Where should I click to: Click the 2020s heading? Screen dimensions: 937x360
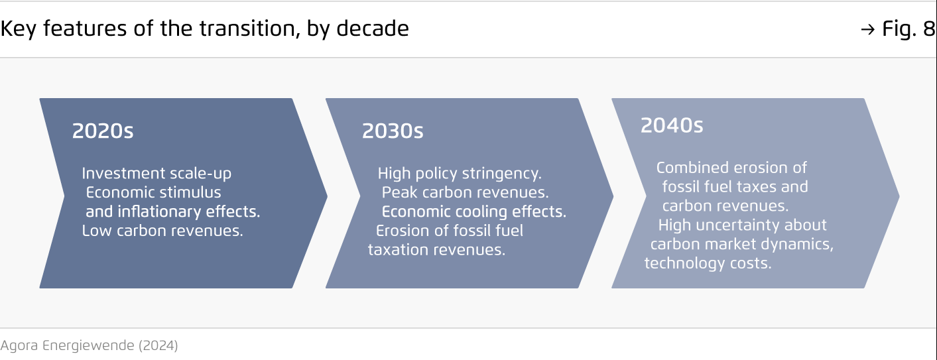pos(103,131)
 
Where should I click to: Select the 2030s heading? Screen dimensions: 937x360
pos(393,131)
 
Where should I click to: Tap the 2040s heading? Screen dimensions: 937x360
pos(672,125)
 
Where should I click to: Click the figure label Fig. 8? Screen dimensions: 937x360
pos(908,29)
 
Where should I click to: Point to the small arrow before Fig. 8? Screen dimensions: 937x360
pos(867,29)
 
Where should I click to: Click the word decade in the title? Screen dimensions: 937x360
pos(373,29)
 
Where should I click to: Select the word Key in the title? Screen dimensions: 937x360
pos(18,30)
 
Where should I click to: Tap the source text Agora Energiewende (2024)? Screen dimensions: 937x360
pos(89,346)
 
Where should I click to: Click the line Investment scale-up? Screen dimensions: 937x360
pos(156,174)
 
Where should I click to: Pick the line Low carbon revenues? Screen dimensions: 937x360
pos(162,231)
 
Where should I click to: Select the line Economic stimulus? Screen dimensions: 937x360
pos(154,192)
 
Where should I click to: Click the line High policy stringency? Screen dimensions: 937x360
pos(460,174)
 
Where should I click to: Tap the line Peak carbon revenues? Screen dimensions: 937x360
pos(465,192)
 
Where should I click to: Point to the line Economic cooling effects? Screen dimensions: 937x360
pos(474,211)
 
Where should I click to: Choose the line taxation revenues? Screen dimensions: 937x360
pos(437,250)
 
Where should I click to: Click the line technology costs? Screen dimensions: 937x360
pos(708,263)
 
